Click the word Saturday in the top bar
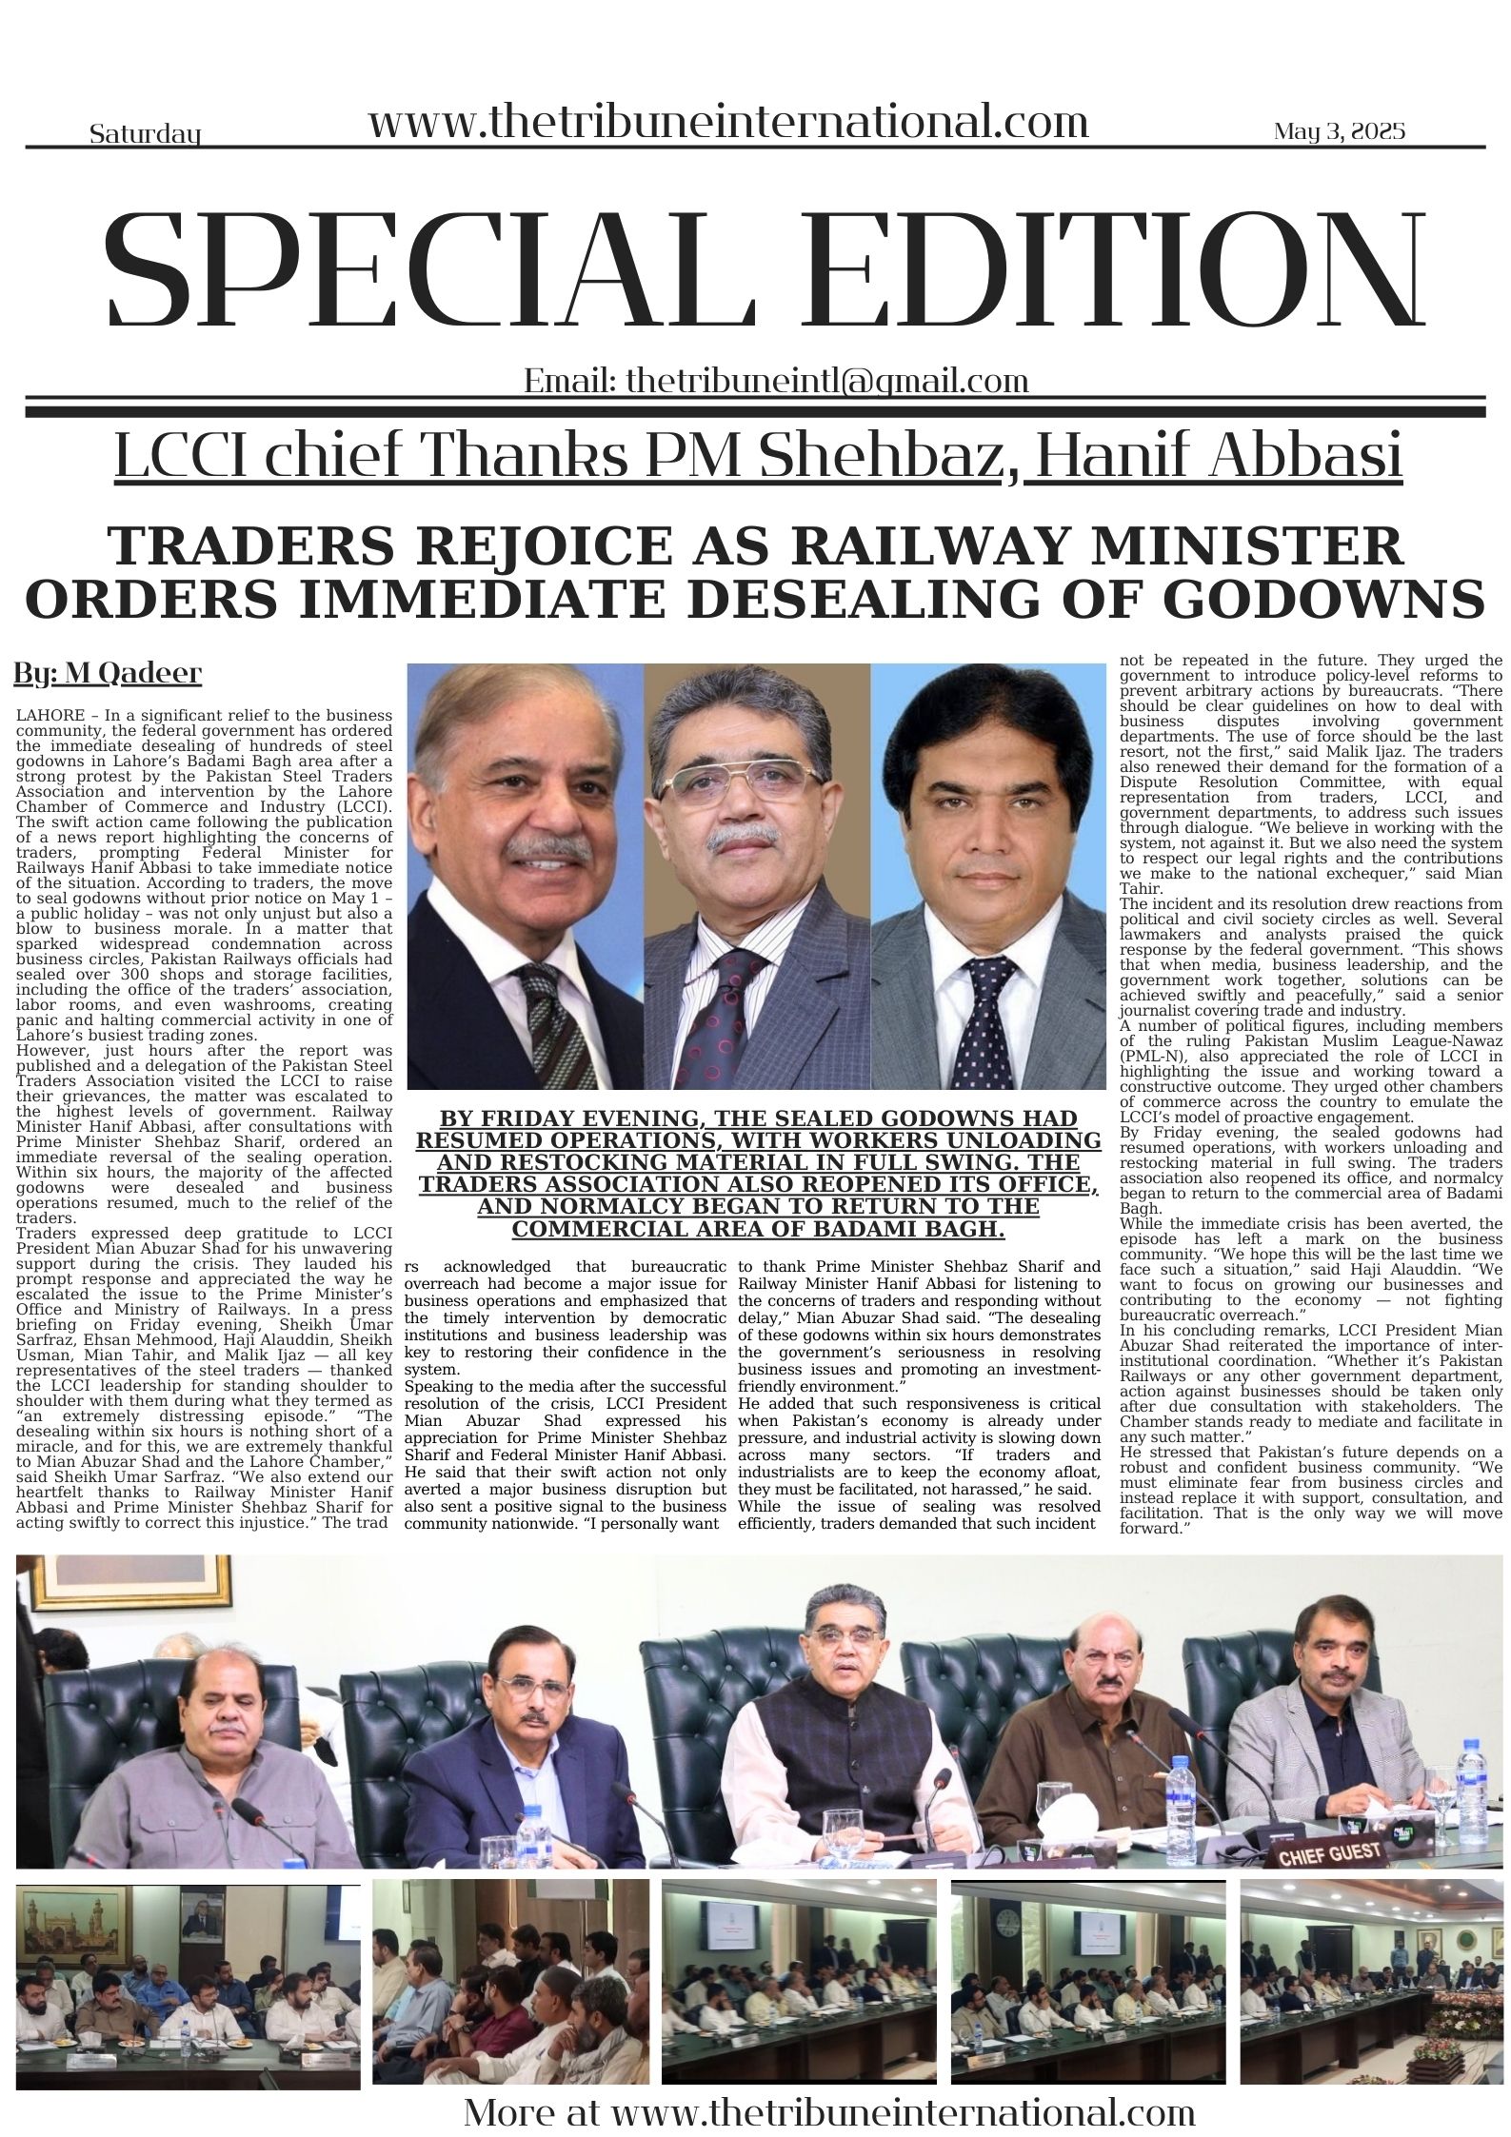(x=145, y=134)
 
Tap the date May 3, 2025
(x=1339, y=130)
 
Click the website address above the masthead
(x=728, y=124)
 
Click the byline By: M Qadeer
(x=108, y=674)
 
